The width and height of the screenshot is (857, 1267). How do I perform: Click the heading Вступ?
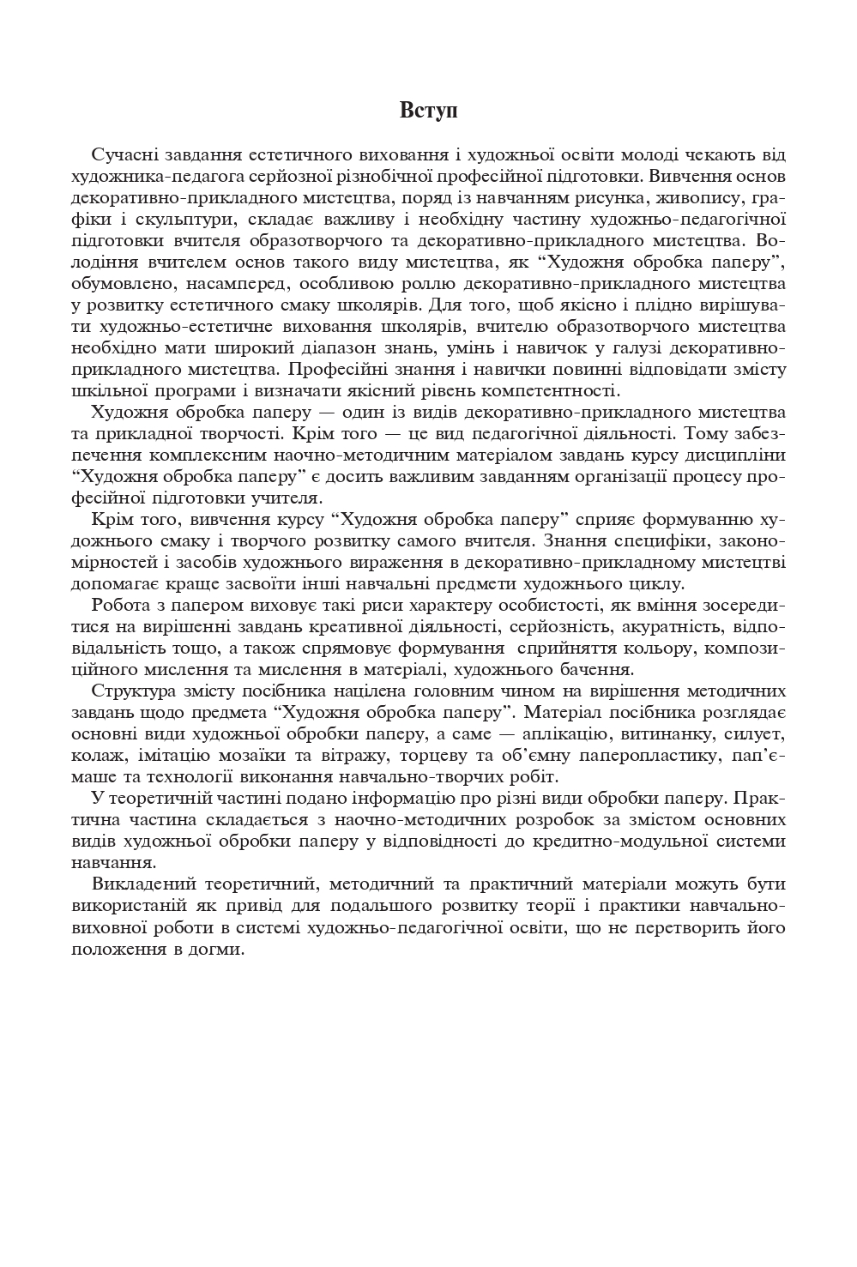click(428, 112)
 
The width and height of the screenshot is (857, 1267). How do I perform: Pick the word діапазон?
click(360, 348)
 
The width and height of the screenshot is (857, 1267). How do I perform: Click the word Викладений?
click(137, 884)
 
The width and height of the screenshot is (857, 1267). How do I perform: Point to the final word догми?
click(222, 949)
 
